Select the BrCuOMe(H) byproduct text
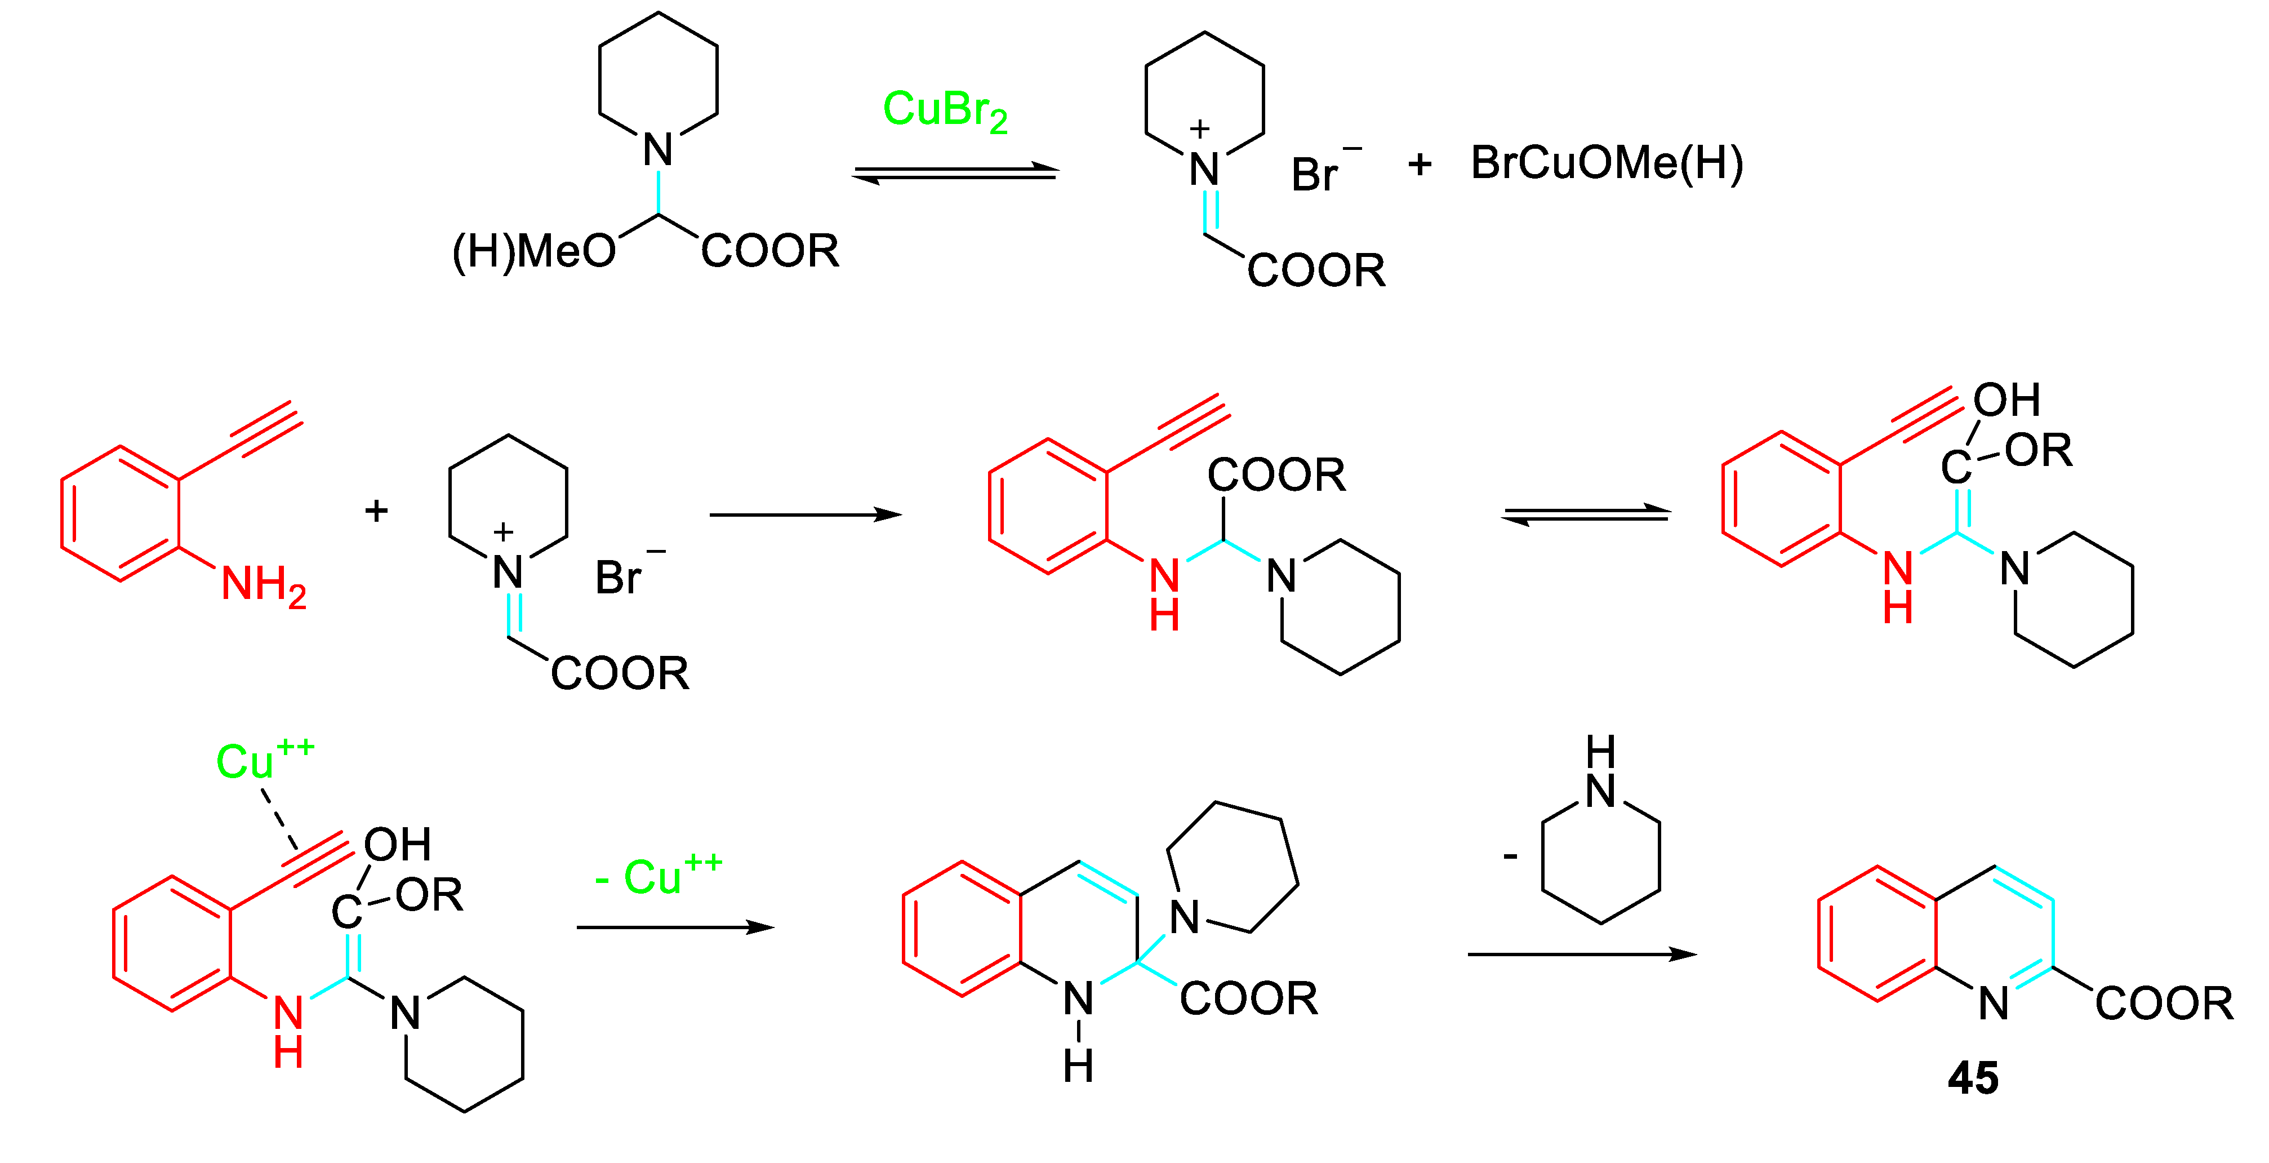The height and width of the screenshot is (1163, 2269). click(1607, 164)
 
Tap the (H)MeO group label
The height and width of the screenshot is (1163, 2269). click(534, 252)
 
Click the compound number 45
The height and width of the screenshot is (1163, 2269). click(1973, 1078)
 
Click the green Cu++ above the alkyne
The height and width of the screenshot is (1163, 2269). click(264, 760)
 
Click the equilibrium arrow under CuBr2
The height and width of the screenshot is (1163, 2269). click(956, 174)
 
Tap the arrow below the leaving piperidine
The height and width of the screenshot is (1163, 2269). click(1581, 954)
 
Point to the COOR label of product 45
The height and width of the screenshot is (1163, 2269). click(2163, 1004)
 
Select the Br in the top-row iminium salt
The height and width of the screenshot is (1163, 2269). click(1314, 175)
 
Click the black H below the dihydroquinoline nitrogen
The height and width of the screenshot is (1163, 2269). click(1078, 1066)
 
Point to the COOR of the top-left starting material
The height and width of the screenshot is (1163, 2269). click(770, 252)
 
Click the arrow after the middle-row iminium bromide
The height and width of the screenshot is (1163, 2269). click(805, 514)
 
